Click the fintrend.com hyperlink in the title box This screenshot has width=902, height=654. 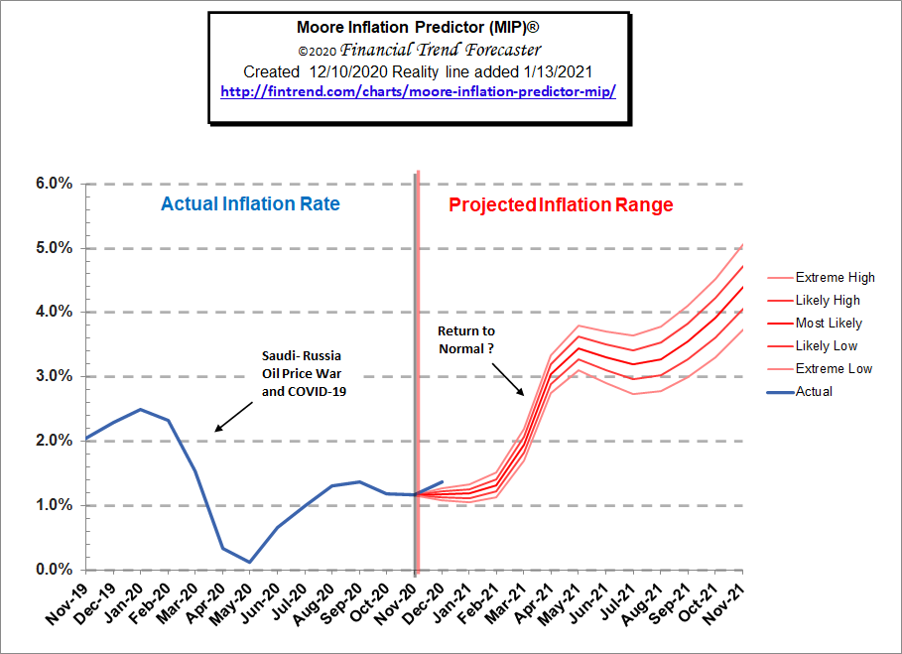tap(418, 90)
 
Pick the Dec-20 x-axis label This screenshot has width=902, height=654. tap(422, 604)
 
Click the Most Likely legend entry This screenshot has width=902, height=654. tap(829, 324)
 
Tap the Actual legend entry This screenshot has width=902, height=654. tap(814, 391)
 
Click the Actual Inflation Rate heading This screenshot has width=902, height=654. tap(250, 205)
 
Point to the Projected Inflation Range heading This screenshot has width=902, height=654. tap(561, 205)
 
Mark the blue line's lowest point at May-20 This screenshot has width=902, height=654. tap(250, 562)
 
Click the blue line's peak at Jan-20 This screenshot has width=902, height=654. tap(141, 409)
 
